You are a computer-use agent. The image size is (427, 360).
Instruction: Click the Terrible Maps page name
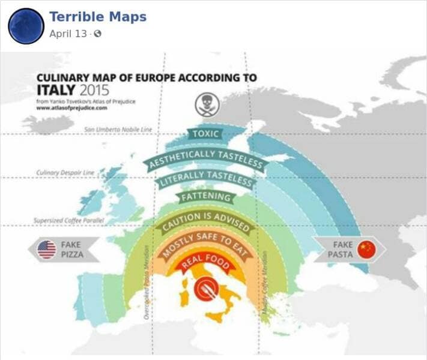click(x=97, y=17)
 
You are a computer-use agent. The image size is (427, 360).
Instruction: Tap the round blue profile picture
click(x=26, y=26)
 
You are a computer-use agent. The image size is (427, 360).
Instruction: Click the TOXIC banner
click(x=205, y=134)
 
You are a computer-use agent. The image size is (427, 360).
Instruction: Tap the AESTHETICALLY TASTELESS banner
click(x=205, y=158)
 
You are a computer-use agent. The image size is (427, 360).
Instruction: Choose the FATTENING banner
click(x=205, y=197)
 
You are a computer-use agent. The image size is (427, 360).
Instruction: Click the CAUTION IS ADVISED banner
click(x=205, y=220)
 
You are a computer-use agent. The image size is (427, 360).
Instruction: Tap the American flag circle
click(x=47, y=250)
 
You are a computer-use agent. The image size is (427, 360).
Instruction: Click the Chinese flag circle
click(x=366, y=250)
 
